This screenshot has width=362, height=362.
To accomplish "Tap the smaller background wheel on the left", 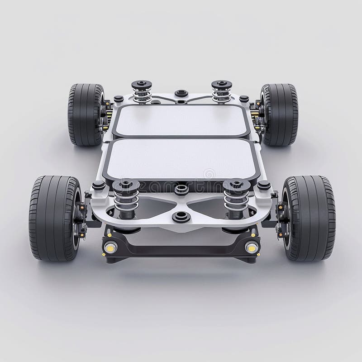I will [x=86, y=114].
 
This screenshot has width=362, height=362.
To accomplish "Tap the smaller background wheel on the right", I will [x=279, y=114].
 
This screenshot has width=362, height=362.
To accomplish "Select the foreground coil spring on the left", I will [x=126, y=199].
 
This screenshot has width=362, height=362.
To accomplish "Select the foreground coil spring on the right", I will [x=236, y=199].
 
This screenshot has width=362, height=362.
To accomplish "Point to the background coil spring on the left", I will [x=142, y=92].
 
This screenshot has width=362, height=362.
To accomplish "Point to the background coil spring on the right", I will [x=221, y=92].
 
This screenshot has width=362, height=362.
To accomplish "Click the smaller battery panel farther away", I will [x=181, y=120].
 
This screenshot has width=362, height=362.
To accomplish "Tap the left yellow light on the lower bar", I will [x=110, y=248].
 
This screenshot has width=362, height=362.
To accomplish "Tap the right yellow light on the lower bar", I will [x=252, y=248].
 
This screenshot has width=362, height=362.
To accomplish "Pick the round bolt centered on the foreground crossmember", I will [x=181, y=216].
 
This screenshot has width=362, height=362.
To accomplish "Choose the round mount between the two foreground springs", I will [x=181, y=189].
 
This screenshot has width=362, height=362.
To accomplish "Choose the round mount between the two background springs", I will [x=181, y=93].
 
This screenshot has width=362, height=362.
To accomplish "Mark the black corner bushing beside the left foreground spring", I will [x=99, y=185].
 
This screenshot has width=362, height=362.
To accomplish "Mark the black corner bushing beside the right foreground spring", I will [x=264, y=185].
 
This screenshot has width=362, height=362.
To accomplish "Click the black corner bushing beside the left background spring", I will [x=119, y=99].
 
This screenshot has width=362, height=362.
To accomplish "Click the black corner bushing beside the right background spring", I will [x=244, y=99].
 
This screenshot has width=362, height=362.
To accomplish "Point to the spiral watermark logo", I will [x=209, y=174].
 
